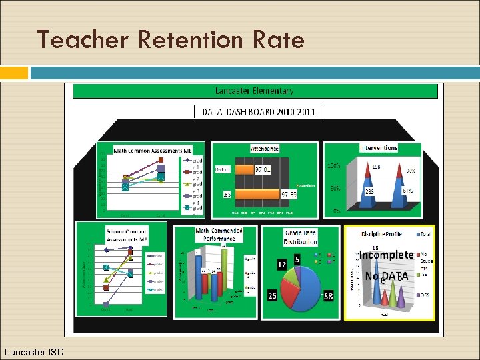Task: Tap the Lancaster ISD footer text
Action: [x=33, y=351]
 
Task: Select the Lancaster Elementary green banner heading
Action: [x=253, y=91]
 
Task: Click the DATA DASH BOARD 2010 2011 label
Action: [x=259, y=112]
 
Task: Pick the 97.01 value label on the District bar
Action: [x=263, y=169]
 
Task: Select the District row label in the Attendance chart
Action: [x=223, y=169]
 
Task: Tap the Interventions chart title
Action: [x=378, y=147]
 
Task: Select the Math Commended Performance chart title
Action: [x=219, y=234]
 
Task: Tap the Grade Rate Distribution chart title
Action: [x=300, y=238]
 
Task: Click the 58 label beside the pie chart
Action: [x=327, y=295]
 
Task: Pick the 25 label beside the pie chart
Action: [x=273, y=295]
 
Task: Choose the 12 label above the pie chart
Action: [x=282, y=265]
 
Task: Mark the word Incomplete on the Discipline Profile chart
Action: [x=387, y=255]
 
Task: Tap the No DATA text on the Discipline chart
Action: [x=386, y=276]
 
